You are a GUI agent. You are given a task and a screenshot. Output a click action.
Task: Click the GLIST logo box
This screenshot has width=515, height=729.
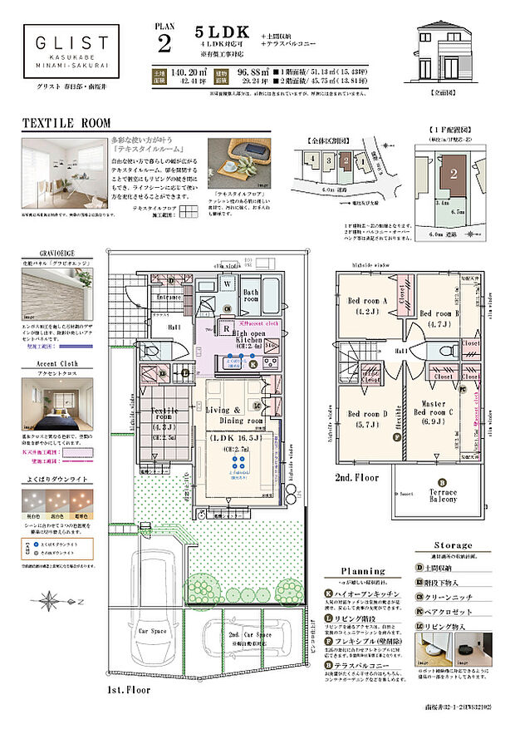71,49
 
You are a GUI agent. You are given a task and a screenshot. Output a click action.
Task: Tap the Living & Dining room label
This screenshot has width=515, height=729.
235,415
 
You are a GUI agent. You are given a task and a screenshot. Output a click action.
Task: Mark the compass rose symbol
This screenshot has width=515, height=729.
51,598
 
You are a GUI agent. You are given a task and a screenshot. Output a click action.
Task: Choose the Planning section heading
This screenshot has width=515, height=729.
363,571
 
